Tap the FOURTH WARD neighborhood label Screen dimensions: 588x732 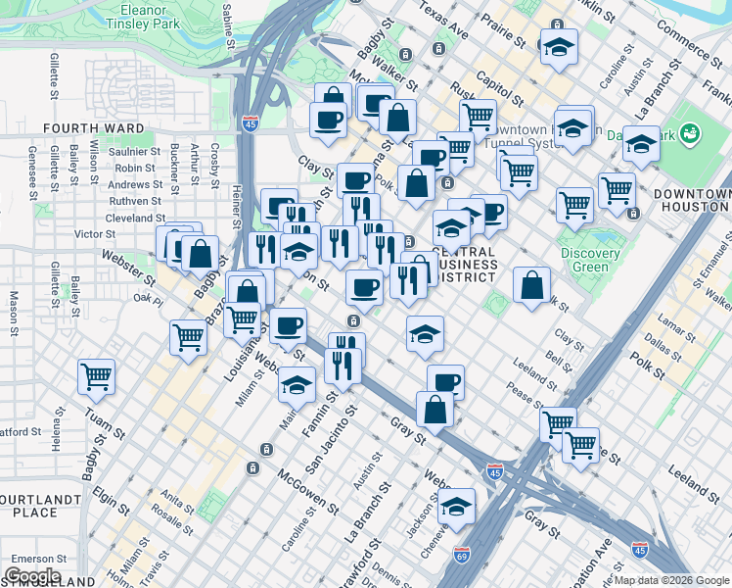[x=93, y=128]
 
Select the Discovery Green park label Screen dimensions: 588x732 [x=591, y=260]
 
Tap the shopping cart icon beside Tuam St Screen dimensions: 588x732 [x=97, y=376]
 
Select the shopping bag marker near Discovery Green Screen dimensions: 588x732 [x=531, y=285]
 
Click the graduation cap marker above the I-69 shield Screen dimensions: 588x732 [x=457, y=508]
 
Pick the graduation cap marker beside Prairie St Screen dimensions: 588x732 [x=559, y=46]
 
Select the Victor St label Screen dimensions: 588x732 [x=95, y=234]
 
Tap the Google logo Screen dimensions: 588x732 [x=32, y=576]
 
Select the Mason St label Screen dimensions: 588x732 [x=15, y=310]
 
